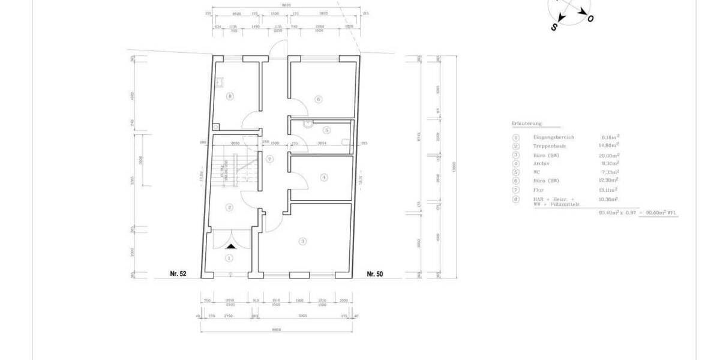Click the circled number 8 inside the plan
pos(230,96)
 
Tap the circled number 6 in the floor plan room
pos(319,99)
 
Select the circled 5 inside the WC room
pos(326,130)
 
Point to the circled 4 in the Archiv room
pos(324,177)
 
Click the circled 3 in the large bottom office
pos(303,241)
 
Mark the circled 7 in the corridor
pos(270,159)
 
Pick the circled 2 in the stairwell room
pos(229,208)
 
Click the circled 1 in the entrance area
pos(229,258)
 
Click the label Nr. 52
pos(178,274)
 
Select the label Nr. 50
pos(375,274)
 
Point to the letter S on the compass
pos(554,27)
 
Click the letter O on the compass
pos(591,19)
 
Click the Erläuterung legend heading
pos(527,124)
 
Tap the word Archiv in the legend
pos(541,163)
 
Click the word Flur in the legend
pos(538,190)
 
